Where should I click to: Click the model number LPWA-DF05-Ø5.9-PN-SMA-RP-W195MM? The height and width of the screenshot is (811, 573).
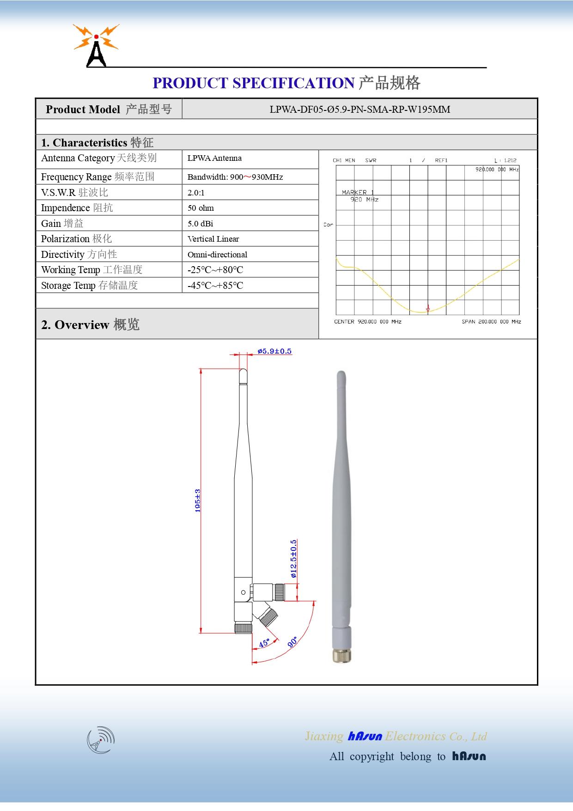click(x=360, y=110)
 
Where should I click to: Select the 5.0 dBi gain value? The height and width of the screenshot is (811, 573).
click(x=200, y=224)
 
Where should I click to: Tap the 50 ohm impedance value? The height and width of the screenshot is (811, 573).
click(x=201, y=208)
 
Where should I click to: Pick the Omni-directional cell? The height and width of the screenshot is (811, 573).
click(x=217, y=255)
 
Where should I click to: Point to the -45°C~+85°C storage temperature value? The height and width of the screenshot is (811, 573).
click(x=215, y=286)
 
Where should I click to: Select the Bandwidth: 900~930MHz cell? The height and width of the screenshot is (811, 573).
click(x=235, y=177)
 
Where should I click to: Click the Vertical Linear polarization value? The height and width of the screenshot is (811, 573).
click(x=213, y=239)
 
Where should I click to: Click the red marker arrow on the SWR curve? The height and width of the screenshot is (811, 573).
click(x=428, y=308)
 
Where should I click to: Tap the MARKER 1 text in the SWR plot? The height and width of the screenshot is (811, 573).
click(x=358, y=192)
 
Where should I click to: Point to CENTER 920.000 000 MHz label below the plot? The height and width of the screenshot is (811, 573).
click(x=367, y=322)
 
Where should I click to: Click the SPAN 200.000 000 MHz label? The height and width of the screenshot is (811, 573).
click(x=491, y=322)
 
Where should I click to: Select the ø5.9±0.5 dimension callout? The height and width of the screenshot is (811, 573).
click(x=274, y=351)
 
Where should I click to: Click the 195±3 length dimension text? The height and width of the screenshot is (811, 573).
click(x=197, y=500)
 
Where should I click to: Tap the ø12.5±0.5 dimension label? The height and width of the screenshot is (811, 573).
click(x=293, y=559)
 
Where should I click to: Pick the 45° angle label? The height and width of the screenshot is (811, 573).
click(x=264, y=643)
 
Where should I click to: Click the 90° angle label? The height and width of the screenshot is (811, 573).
click(x=293, y=642)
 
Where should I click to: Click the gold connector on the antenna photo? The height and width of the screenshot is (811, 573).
click(x=341, y=655)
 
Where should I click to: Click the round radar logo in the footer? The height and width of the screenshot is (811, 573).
click(x=101, y=740)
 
